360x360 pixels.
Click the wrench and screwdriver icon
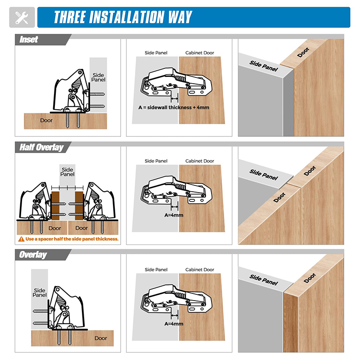point(22,18)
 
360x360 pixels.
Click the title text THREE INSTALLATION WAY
point(123,17)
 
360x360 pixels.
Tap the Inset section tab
point(29,40)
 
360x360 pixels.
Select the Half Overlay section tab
point(41,147)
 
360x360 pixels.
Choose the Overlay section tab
point(33,255)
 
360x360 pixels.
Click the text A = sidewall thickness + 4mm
point(174,108)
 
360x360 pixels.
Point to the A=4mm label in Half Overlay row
point(174,215)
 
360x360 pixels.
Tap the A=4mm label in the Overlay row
point(174,324)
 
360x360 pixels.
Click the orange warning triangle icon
point(21,239)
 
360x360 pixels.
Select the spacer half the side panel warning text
point(72,239)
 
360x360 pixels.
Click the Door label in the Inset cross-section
point(46,120)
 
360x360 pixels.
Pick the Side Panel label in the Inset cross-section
point(98,77)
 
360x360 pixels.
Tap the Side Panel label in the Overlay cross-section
point(40,293)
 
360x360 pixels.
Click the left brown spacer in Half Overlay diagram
point(55,206)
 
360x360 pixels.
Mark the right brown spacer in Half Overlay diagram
point(79,206)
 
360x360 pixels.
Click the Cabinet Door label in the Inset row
point(200,53)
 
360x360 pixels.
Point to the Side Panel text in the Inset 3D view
point(264,66)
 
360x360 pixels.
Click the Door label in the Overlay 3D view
point(310,278)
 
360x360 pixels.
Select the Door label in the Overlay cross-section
point(101,338)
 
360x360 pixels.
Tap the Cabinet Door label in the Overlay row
point(200,270)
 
